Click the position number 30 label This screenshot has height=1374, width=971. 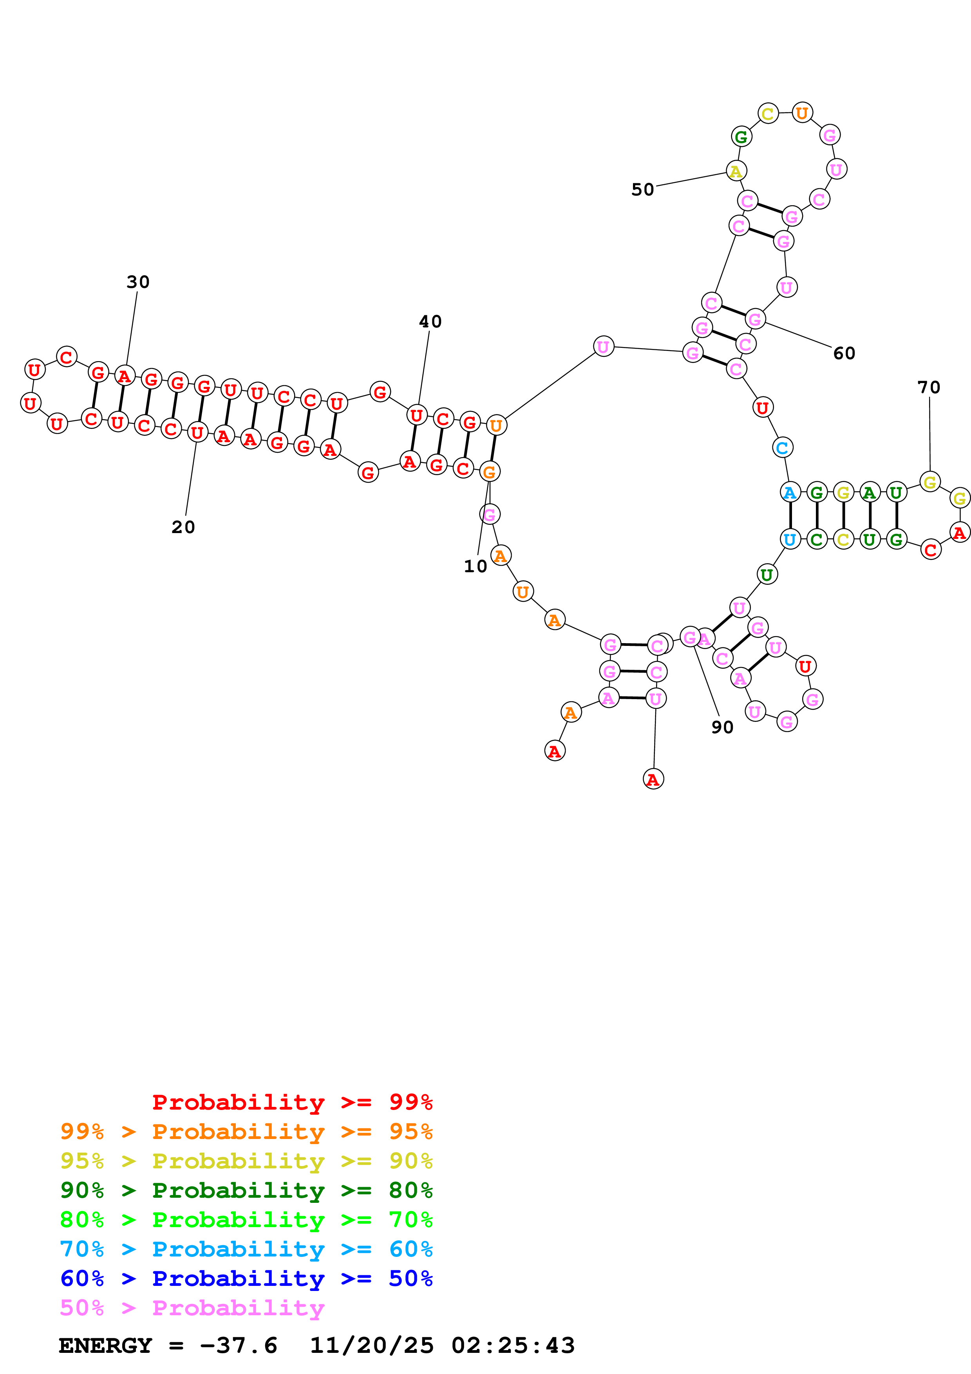click(137, 282)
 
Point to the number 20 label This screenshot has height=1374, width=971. click(183, 527)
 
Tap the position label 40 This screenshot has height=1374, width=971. click(430, 322)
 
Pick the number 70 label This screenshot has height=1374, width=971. click(929, 388)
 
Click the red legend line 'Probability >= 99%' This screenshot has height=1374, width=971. click(292, 1102)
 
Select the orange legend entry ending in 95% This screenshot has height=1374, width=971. click(246, 1131)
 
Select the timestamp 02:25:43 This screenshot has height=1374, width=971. click(513, 1345)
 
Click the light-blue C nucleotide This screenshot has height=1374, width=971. click(782, 448)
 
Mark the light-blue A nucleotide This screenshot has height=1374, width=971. click(790, 492)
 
